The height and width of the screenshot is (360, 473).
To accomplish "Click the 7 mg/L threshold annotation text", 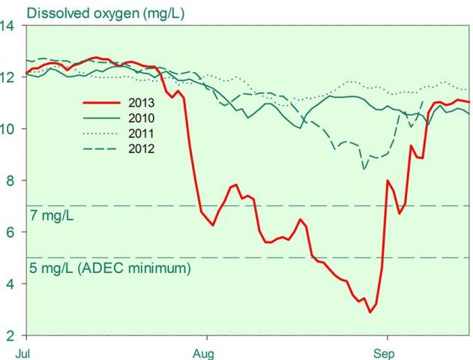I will pyautogui.click(x=53, y=216).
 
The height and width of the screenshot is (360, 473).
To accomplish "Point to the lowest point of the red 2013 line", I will pyautogui.click(x=370, y=312).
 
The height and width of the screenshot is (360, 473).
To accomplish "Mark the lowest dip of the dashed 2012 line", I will pyautogui.click(x=364, y=169).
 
